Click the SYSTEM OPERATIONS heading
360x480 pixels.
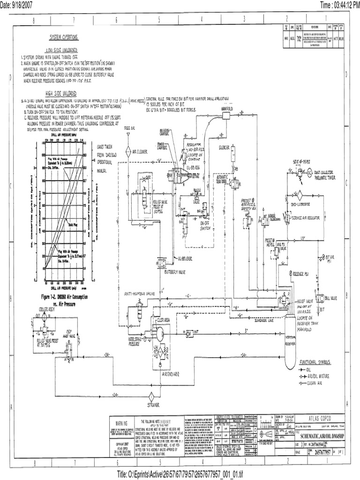click(65, 37)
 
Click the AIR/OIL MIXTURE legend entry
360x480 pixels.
click(316, 376)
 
